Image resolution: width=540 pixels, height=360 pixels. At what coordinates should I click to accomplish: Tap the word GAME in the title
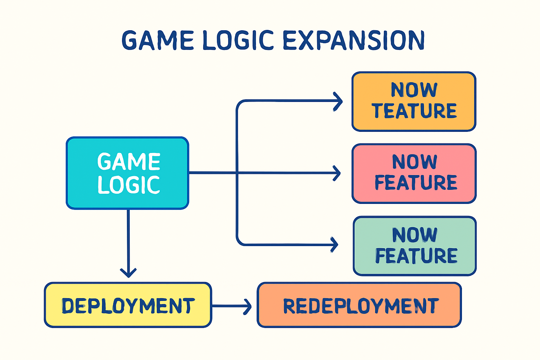[158, 40]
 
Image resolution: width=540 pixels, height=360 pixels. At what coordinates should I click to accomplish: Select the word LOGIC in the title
[238, 40]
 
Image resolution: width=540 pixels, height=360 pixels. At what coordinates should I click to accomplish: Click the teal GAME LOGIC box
[127, 173]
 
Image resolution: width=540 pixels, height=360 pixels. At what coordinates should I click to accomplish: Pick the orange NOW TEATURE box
[414, 102]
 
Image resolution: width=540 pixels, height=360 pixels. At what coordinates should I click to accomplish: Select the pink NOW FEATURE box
[414, 173]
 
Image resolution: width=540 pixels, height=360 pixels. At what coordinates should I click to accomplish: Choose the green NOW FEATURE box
[414, 246]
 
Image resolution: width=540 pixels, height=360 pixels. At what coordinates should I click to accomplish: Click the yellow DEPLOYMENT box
[128, 305]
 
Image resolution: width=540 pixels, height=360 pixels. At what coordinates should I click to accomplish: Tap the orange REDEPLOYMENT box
[359, 305]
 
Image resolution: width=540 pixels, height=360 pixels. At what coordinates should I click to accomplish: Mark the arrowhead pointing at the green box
[335, 245]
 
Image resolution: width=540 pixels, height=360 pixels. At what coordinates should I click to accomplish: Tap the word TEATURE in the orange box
[414, 111]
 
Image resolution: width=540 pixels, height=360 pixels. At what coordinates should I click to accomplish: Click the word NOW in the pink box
[414, 162]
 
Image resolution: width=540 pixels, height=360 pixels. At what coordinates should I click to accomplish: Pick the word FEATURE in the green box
[416, 256]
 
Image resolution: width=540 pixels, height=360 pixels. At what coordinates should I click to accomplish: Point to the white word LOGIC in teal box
[129, 185]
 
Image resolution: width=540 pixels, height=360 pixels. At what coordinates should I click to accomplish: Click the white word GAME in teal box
[129, 162]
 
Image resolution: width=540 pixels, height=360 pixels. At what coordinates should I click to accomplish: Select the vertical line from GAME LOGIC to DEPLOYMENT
[128, 239]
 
